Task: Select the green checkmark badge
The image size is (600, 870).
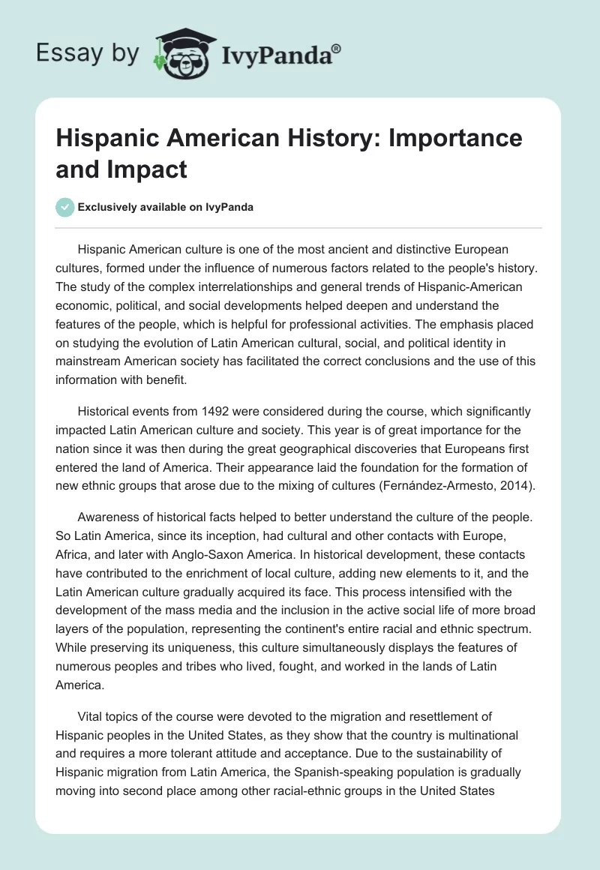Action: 66,208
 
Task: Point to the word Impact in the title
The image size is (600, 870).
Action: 154,170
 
